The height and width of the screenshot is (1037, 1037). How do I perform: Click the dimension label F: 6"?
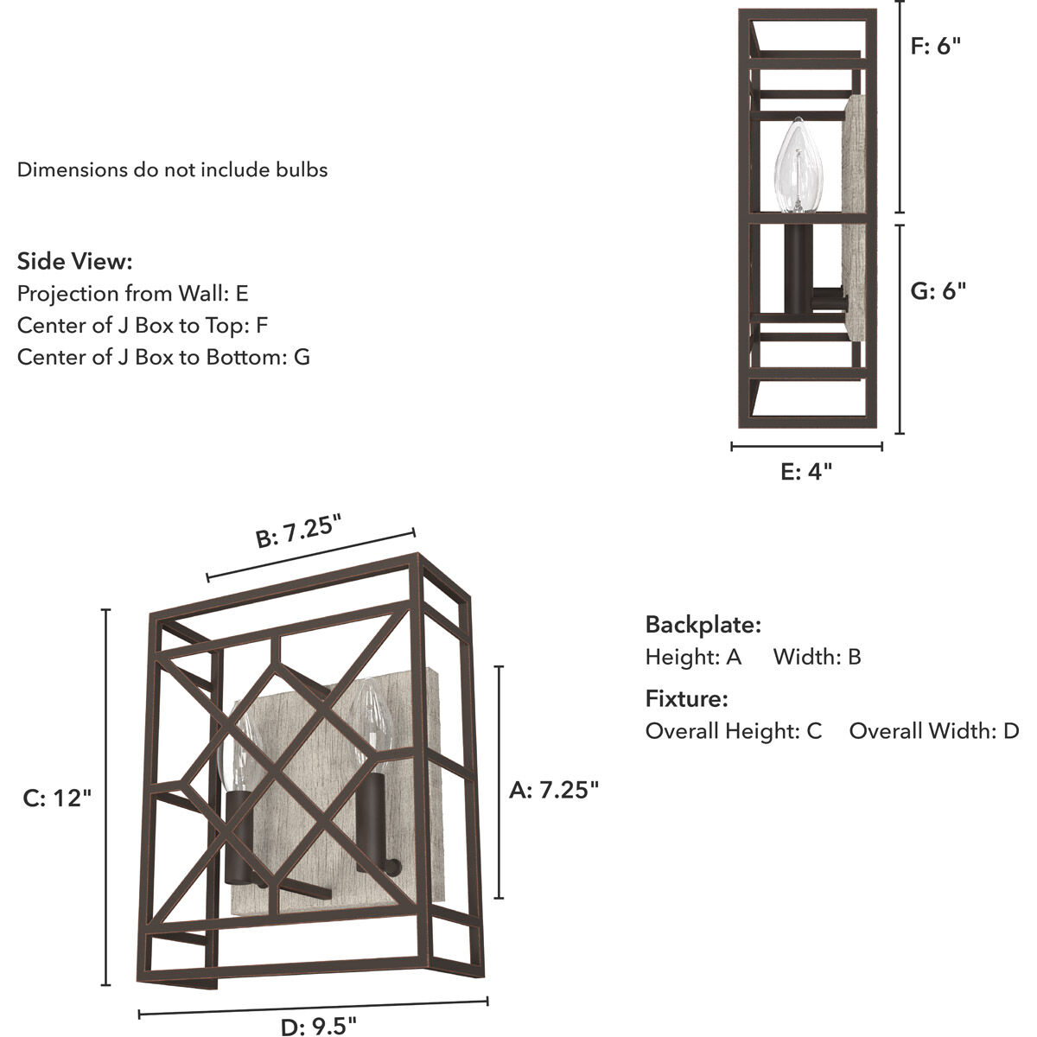pos(936,46)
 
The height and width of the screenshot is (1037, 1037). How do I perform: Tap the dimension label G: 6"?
pos(938,290)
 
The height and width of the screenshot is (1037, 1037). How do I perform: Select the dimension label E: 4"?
pos(805,471)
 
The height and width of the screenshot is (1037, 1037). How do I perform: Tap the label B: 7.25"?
pos(299,530)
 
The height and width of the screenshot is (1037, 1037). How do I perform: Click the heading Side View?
pos(75,261)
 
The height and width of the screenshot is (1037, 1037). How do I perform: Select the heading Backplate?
pos(703,624)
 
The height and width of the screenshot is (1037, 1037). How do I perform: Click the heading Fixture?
pos(686,698)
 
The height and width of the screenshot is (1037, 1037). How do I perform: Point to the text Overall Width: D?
pos(933,731)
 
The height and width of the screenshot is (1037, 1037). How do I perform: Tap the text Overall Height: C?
pos(734,731)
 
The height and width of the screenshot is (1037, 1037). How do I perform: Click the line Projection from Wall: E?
pos(133,293)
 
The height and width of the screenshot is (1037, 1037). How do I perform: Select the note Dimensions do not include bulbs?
pos(173,169)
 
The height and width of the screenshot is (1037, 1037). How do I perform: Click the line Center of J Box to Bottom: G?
pos(163,356)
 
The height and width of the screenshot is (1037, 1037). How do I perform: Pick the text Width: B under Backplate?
pos(817,657)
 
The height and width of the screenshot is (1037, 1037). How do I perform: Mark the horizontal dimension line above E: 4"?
pos(806,447)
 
